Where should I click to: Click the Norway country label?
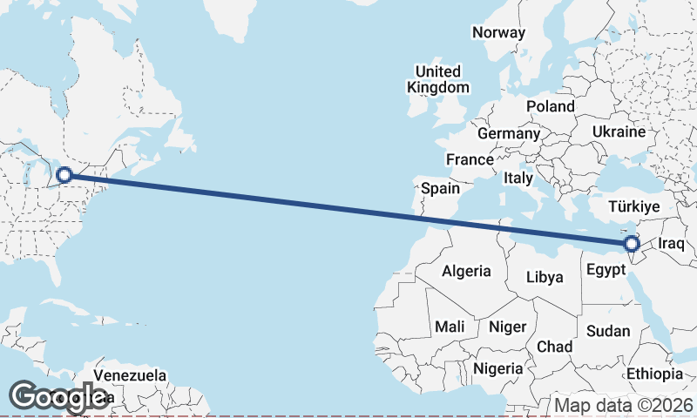pos(499,33)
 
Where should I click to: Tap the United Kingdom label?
pos(438,79)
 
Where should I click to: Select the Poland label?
pos(551,106)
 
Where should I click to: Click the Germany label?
pos(509,134)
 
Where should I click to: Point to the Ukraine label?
pos(619,131)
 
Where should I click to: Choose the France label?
pos(470,159)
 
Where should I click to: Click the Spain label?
pos(440,188)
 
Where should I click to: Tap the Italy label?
pos(518,178)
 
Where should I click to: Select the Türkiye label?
pos(634,206)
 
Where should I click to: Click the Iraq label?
pos(673,245)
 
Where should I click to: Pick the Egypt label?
pos(606,270)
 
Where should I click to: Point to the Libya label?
pos(545,278)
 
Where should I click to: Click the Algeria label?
pos(466,272)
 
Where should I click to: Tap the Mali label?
pos(450,327)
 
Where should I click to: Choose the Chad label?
pos(554,347)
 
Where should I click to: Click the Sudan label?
pos(603,331)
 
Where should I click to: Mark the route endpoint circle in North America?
pos(64,175)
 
